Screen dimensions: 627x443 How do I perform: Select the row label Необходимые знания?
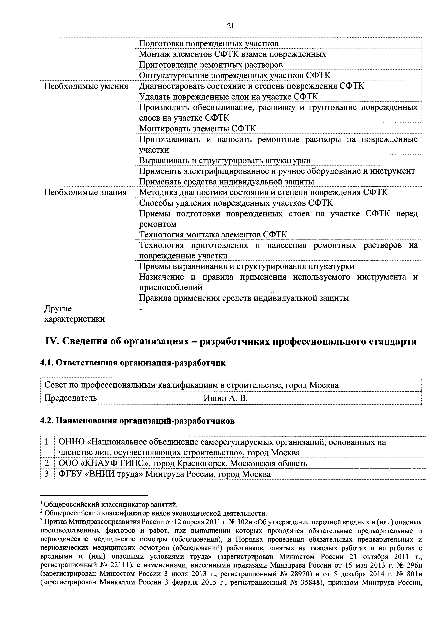point(85,192)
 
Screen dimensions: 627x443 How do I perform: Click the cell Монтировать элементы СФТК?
point(197,128)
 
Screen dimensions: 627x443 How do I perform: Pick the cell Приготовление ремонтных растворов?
point(211,65)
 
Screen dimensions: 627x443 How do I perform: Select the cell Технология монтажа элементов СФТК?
point(213,234)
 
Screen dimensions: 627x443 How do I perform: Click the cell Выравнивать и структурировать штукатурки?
point(225,160)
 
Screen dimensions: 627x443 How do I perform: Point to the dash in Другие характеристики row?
point(141,308)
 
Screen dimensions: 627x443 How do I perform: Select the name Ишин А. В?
point(225,398)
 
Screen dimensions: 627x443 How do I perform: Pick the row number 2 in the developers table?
point(47,463)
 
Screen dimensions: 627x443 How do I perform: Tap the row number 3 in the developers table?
point(47,474)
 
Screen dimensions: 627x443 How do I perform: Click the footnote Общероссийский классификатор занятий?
point(111,504)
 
